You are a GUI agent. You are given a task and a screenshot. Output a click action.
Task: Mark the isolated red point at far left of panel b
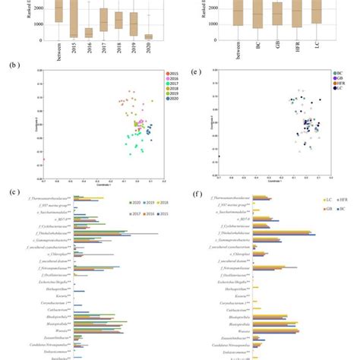43,159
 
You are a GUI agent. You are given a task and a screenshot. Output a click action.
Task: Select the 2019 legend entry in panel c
146,202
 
